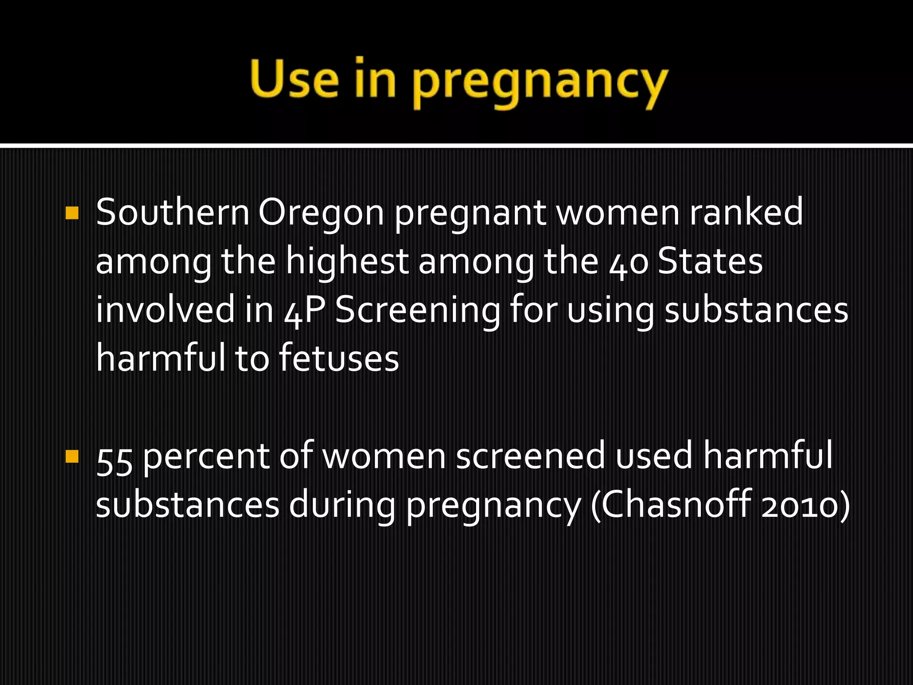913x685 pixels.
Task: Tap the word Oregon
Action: [x=321, y=213]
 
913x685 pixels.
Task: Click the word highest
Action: [x=347, y=263]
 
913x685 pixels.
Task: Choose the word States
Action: [x=710, y=262]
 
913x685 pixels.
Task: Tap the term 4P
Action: [x=303, y=311]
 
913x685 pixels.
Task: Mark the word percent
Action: [x=207, y=458]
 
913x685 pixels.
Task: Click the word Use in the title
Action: [x=295, y=79]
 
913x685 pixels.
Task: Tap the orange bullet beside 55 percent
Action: [x=72, y=457]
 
